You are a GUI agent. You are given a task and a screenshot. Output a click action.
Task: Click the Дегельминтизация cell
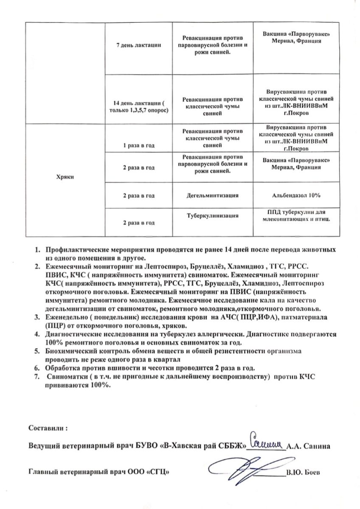coord(211,196)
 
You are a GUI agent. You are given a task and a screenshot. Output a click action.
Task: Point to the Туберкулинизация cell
coord(211,215)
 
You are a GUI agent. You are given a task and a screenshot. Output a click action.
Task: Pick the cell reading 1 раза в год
coord(138,145)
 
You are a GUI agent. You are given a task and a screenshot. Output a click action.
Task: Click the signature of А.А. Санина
coord(266,442)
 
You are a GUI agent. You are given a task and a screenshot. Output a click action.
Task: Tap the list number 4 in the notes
coord(37,333)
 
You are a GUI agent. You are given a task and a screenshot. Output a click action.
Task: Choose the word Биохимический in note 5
coord(70,351)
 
